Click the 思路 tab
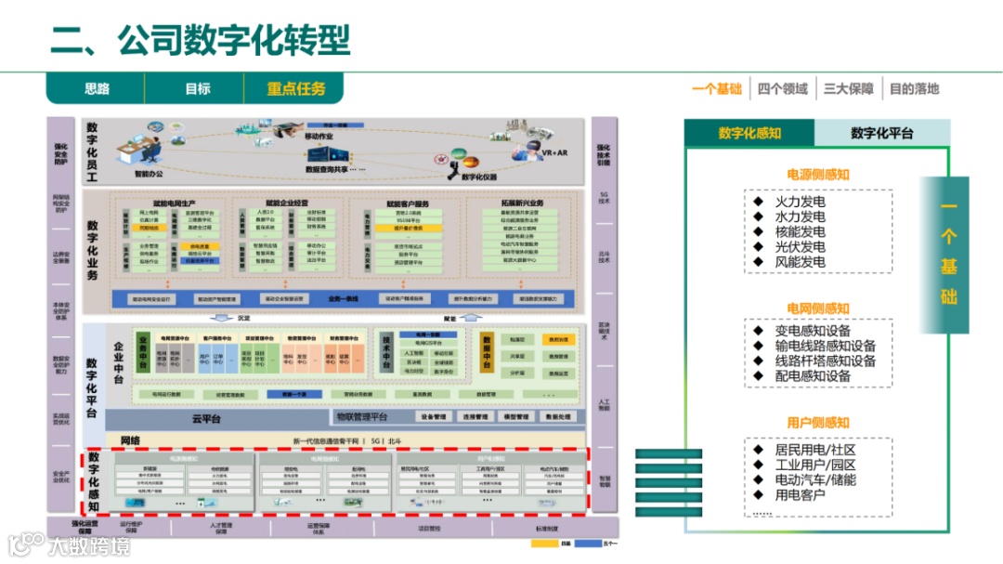click(x=97, y=88)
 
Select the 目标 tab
click(x=197, y=88)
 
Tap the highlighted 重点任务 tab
click(x=296, y=88)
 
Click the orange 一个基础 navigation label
click(x=717, y=89)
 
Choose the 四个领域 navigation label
click(x=782, y=89)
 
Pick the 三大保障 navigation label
click(x=848, y=89)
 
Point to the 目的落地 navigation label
click(x=914, y=89)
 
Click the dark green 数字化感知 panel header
click(x=749, y=133)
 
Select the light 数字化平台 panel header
click(x=881, y=133)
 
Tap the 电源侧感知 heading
click(x=818, y=174)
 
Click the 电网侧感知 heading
click(x=818, y=308)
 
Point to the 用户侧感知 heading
click(x=818, y=422)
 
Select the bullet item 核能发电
click(x=800, y=231)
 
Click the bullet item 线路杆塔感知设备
click(x=825, y=361)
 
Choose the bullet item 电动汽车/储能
click(x=815, y=479)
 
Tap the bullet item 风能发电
click(x=800, y=262)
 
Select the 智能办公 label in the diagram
click(x=149, y=174)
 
